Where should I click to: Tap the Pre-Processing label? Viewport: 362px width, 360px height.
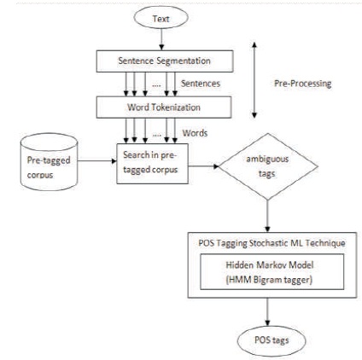(x=303, y=84)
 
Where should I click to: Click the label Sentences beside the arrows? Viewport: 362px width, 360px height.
(x=201, y=84)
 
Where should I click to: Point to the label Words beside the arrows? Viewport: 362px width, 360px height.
(x=195, y=133)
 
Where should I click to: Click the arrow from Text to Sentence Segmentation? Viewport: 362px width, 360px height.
(x=161, y=39)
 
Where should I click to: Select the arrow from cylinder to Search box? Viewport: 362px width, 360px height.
(x=97, y=161)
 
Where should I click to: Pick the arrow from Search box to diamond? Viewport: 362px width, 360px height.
(x=203, y=166)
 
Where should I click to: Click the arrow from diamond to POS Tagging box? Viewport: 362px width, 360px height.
(x=267, y=216)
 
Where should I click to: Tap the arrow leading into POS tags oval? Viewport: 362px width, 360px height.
(x=267, y=312)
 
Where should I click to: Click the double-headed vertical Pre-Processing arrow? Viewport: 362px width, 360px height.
(x=254, y=80)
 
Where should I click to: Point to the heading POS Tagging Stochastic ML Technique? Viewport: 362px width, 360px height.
(x=272, y=243)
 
